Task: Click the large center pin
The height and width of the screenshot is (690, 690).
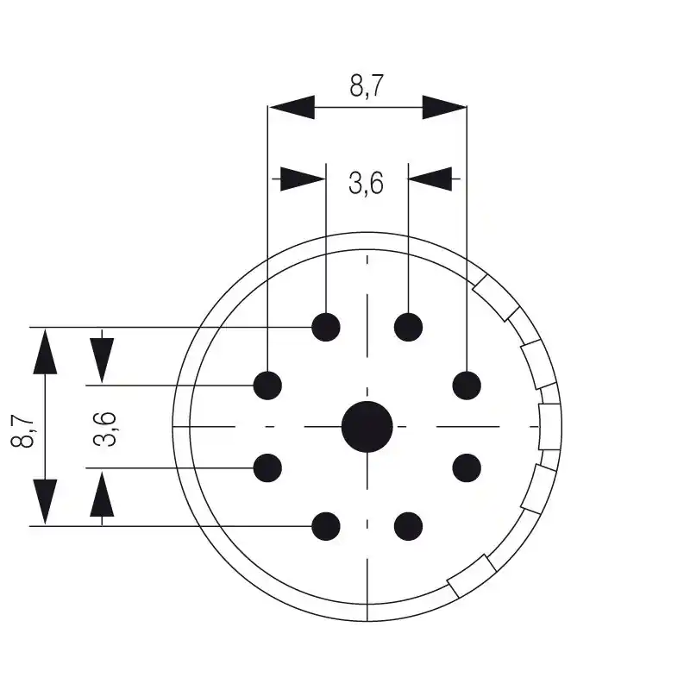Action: point(367,426)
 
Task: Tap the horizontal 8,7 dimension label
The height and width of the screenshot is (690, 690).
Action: point(367,86)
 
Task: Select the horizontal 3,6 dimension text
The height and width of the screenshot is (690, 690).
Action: point(366,183)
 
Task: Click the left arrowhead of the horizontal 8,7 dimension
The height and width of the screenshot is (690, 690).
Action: point(291,108)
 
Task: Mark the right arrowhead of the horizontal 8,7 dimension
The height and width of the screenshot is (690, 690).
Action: point(444,108)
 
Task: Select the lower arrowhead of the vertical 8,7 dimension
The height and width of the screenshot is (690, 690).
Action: point(45,501)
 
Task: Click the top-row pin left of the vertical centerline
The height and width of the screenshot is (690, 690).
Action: point(326,327)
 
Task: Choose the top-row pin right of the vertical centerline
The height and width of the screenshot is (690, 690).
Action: point(409,327)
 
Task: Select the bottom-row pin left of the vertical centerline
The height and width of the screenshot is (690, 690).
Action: point(326,525)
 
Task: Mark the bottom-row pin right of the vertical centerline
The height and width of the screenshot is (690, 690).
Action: point(409,525)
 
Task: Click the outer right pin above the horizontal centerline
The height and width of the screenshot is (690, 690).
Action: point(467,385)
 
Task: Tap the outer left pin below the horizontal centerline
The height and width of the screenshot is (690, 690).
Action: point(268,467)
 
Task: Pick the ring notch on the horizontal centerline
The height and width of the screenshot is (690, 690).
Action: point(550,426)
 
